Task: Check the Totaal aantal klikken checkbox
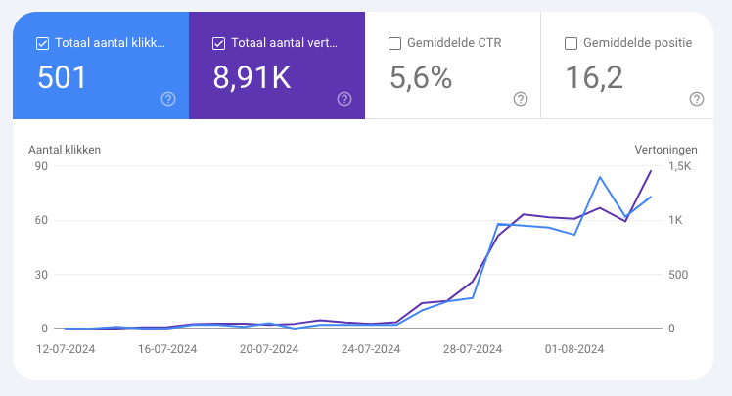[x=42, y=43]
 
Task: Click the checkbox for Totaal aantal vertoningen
[x=218, y=43]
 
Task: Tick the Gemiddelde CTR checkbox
[x=394, y=43]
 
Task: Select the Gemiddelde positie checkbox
[x=571, y=43]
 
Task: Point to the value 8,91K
[x=252, y=78]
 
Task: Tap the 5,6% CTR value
[x=421, y=78]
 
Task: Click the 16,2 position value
[x=594, y=78]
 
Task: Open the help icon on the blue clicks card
[x=167, y=99]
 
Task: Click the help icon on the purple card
[x=343, y=99]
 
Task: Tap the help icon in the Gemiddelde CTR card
[x=520, y=99]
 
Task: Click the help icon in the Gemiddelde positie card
[x=696, y=99]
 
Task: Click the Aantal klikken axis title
[x=65, y=150]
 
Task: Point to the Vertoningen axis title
[x=665, y=150]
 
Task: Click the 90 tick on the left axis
[x=42, y=165]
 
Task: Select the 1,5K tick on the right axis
[x=680, y=165]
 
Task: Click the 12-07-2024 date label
[x=66, y=348]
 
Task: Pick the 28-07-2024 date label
[x=474, y=348]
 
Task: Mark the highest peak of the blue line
[x=600, y=177]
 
